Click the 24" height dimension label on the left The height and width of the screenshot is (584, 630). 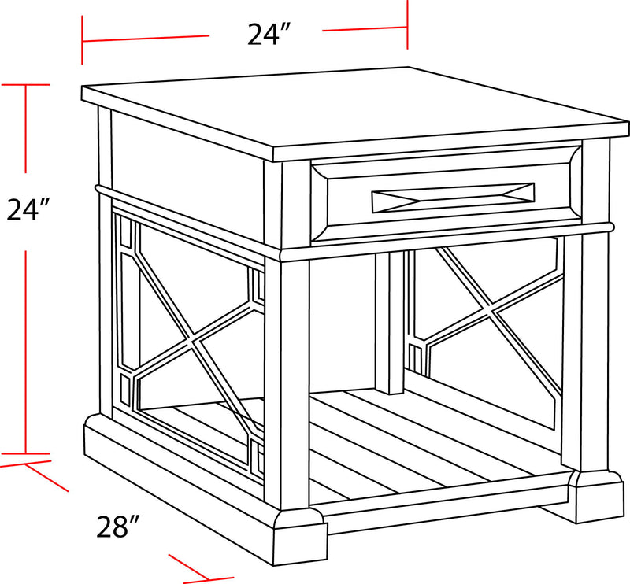(29, 210)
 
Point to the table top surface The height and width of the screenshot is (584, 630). (354, 109)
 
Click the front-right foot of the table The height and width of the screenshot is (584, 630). (596, 496)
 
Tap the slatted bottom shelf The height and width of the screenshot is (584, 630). (441, 441)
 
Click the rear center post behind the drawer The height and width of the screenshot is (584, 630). (388, 323)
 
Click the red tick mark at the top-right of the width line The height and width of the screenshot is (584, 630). (407, 24)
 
